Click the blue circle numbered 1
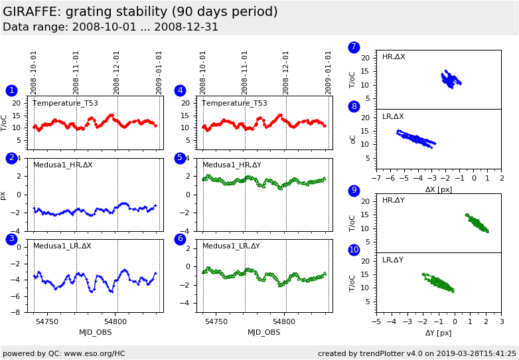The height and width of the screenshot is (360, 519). click(x=11, y=90)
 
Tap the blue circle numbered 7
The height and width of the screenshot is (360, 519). click(x=354, y=47)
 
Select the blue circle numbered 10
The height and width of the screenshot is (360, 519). click(x=354, y=250)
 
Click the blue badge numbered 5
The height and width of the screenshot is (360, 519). click(x=180, y=158)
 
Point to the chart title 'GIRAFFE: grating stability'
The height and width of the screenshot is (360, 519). click(x=140, y=12)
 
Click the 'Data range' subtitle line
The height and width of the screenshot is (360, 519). click(x=110, y=27)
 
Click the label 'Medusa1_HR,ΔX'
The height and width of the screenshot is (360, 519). click(x=63, y=165)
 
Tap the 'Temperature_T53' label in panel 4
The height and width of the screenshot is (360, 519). click(x=234, y=104)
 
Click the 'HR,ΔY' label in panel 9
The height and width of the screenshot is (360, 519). click(x=393, y=201)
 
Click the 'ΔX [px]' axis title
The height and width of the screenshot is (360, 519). click(x=438, y=190)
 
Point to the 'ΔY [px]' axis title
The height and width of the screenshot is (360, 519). click(x=438, y=333)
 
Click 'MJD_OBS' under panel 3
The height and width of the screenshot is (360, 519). click(x=96, y=332)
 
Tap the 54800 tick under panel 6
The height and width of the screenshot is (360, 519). click(x=285, y=321)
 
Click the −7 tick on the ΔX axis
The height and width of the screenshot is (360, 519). click(x=376, y=179)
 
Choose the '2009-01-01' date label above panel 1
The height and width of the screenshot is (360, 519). click(x=159, y=72)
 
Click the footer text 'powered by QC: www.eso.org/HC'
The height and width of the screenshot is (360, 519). click(x=64, y=353)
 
